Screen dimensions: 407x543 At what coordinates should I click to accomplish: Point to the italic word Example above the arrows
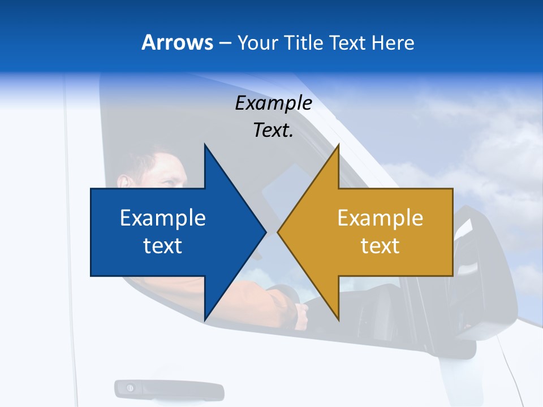273,103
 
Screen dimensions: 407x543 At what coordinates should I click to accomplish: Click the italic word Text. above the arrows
273,130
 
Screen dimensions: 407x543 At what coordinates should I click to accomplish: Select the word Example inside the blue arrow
163,218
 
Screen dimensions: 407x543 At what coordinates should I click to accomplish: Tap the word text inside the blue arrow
163,245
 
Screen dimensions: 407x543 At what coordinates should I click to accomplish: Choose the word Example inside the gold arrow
380,218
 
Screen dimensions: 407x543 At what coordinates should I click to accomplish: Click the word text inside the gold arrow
380,245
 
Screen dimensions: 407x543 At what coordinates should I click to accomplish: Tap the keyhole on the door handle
130,388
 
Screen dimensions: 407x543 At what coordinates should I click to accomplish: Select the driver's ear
124,180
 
